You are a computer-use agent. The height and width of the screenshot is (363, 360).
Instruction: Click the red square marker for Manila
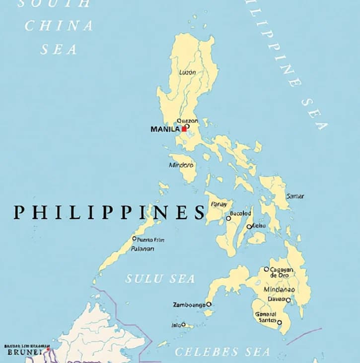tap(184, 129)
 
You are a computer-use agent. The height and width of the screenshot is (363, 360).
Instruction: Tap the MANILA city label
tap(165, 129)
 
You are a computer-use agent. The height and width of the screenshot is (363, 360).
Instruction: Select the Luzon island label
tap(187, 72)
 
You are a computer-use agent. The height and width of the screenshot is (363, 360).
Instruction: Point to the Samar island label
tap(295, 196)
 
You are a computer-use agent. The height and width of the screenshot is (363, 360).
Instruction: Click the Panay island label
tap(219, 204)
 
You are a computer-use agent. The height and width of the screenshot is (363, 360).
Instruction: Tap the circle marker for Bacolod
tap(228, 218)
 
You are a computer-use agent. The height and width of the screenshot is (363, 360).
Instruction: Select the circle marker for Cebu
tap(249, 227)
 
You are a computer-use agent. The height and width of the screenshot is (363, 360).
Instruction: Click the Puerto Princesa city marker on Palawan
tap(134, 239)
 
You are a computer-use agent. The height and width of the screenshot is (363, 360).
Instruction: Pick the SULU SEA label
tap(160, 279)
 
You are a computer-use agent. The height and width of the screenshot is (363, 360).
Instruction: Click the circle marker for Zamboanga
tap(209, 304)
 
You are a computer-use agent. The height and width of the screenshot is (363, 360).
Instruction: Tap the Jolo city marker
tap(183, 325)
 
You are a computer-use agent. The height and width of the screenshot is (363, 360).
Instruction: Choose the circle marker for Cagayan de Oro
tap(266, 269)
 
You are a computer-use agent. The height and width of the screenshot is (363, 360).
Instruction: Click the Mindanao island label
tap(279, 290)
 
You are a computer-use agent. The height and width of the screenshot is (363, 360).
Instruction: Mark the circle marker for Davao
tap(288, 300)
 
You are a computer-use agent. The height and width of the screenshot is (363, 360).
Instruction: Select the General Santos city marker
tap(279, 322)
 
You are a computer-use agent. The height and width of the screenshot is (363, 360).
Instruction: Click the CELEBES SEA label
tap(222, 352)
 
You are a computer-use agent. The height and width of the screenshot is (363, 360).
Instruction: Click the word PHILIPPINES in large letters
tap(109, 212)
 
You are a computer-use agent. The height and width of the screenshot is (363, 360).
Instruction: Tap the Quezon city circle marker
tap(187, 126)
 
